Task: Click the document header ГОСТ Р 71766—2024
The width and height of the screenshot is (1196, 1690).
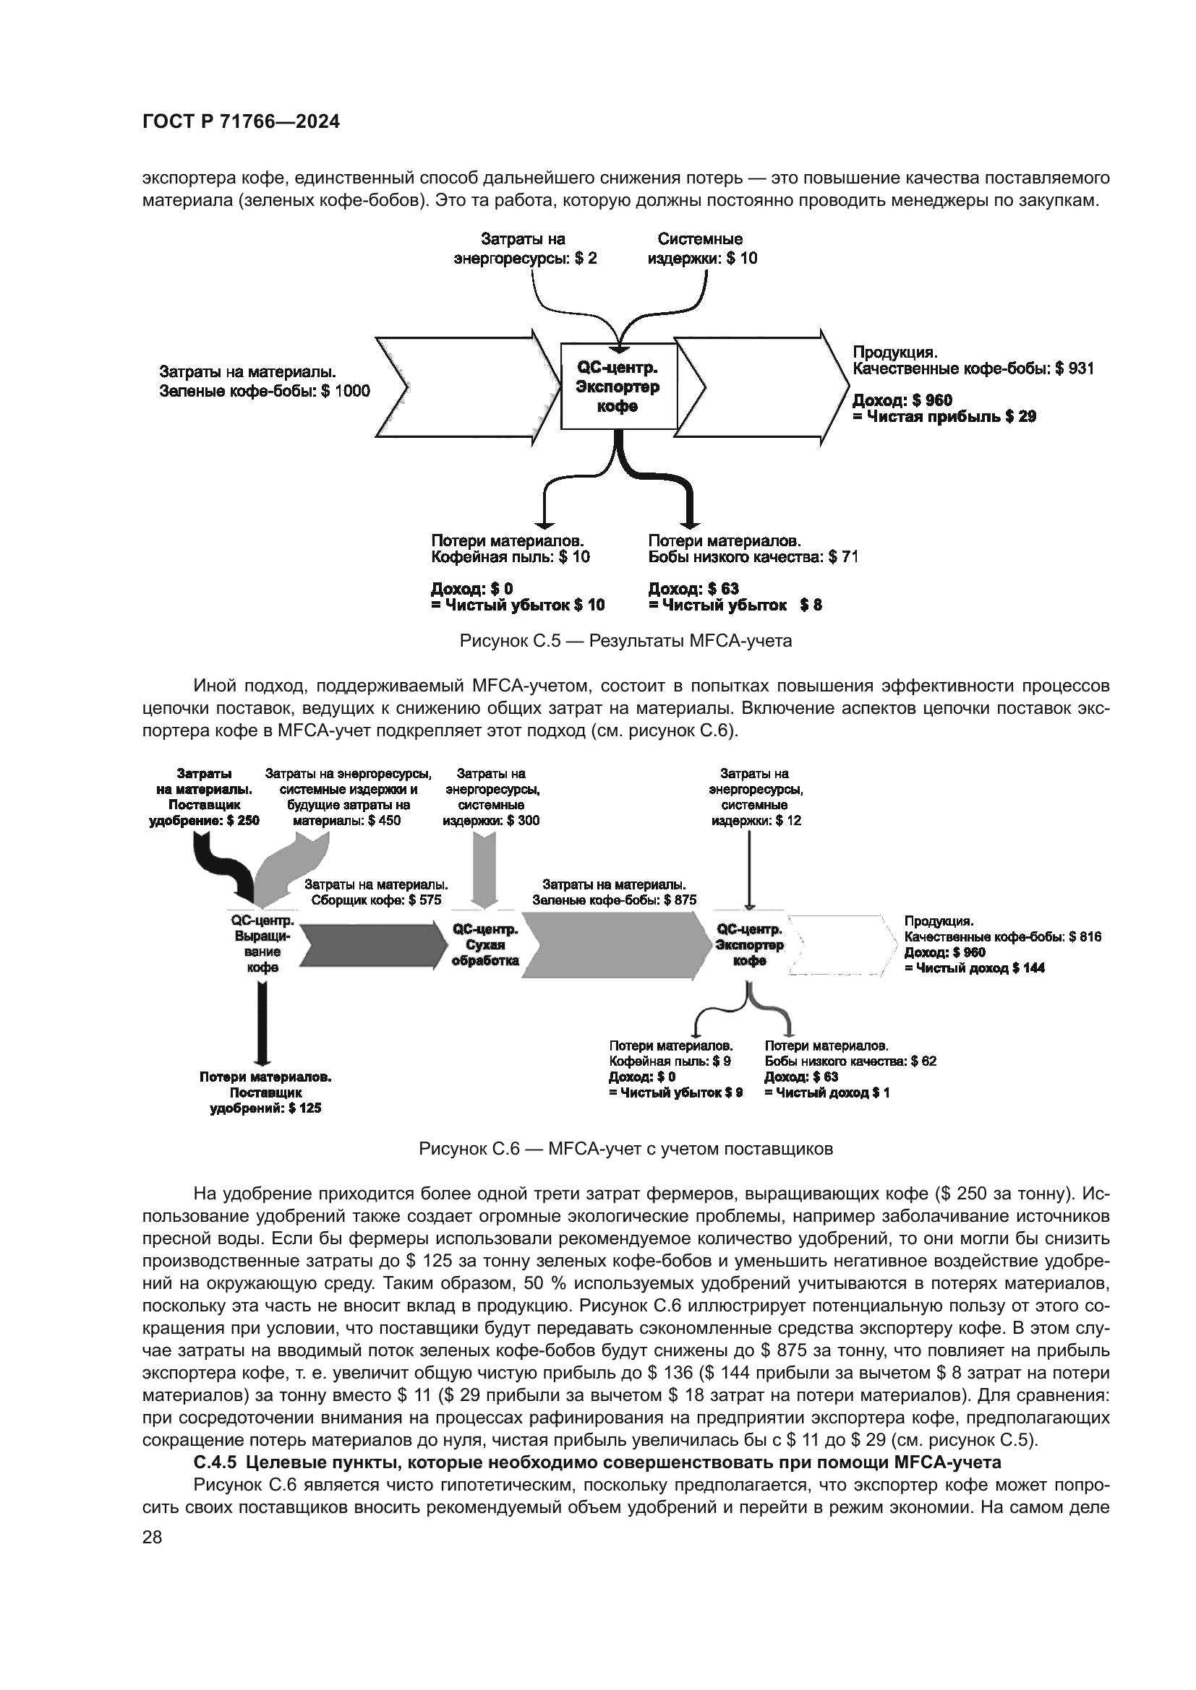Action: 241,122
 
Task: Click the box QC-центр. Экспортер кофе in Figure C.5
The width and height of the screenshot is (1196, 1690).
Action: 619,387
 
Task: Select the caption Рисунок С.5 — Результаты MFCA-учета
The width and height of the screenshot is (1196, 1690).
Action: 625,641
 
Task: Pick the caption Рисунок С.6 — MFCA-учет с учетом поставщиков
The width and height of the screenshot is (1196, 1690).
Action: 625,1149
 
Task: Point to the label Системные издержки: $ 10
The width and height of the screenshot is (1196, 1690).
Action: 701,249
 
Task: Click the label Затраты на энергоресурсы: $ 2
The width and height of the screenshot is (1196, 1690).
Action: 524,249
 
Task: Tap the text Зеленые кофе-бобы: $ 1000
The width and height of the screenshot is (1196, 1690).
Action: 265,392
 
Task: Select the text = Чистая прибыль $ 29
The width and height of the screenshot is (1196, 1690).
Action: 944,418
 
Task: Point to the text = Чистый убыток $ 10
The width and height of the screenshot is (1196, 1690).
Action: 518,605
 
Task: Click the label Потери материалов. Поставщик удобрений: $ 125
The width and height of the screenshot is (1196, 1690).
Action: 265,1093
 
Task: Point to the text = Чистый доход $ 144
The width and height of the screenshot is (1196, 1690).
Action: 974,969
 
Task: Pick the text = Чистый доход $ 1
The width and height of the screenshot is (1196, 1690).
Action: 827,1093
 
